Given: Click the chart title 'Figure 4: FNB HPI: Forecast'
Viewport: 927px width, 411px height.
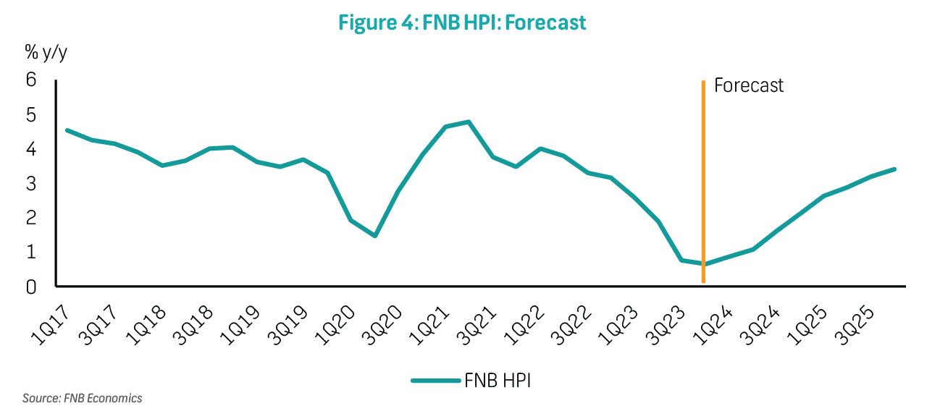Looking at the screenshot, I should point(462,22).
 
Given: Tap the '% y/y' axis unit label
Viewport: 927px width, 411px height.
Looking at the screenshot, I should point(46,52).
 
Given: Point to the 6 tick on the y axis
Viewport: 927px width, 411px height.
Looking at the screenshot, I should point(31,80).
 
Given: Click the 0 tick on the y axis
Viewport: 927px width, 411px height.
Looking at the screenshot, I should point(31,287).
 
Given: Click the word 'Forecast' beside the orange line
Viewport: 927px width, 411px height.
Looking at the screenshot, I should point(749,85).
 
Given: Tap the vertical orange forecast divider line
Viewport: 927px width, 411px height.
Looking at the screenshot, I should point(703,181).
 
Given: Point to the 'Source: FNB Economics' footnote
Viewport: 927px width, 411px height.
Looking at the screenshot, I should point(82,398).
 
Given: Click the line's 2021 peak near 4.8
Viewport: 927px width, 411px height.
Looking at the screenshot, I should point(469,122).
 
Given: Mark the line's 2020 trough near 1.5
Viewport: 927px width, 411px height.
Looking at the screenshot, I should point(374,236).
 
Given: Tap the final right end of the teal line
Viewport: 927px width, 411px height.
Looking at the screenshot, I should point(895,169).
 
